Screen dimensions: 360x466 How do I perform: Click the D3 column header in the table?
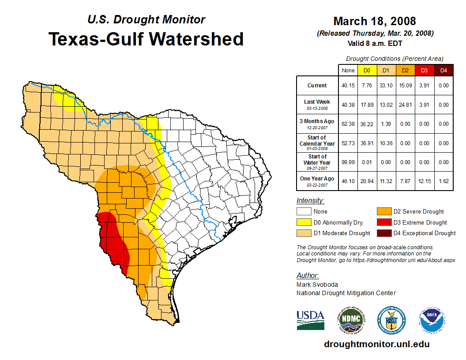(x=424, y=70)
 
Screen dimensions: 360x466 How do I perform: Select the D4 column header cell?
(x=443, y=70)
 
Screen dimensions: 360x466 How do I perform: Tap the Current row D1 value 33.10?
(x=385, y=86)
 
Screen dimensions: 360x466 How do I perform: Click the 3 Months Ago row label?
(x=317, y=123)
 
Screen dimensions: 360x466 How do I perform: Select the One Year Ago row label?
(x=317, y=180)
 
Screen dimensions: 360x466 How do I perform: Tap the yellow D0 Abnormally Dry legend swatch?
(x=304, y=222)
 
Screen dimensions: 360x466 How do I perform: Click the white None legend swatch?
(x=304, y=212)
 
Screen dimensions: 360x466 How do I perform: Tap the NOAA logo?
(x=432, y=320)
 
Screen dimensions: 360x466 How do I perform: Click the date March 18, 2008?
(x=375, y=21)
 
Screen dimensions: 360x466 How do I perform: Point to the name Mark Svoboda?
(x=317, y=285)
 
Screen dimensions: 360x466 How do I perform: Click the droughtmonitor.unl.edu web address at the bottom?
(x=377, y=344)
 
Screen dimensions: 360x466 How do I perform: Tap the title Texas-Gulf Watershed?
(x=146, y=39)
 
